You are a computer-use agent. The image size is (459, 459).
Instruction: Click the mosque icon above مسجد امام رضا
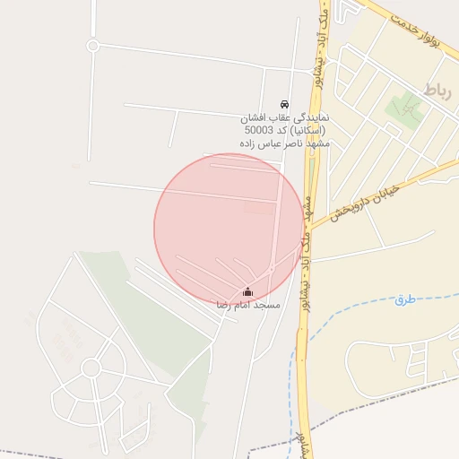pyautogui.click(x=248, y=291)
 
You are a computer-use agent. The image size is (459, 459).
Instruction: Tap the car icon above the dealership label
pyautogui.click(x=284, y=104)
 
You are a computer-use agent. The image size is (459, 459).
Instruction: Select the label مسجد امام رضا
pyautogui.click(x=248, y=306)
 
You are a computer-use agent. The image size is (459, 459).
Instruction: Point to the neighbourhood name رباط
pyautogui.click(x=437, y=90)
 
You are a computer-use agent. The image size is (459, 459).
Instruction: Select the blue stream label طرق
pyautogui.click(x=405, y=299)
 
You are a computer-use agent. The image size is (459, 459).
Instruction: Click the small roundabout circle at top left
pyautogui.click(x=92, y=45)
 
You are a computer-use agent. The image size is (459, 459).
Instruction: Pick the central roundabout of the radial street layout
pyautogui.click(x=91, y=368)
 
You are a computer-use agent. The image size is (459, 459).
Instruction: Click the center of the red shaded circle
pyautogui.click(x=229, y=229)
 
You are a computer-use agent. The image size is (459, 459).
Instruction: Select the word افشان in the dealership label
pyautogui.click(x=259, y=117)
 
